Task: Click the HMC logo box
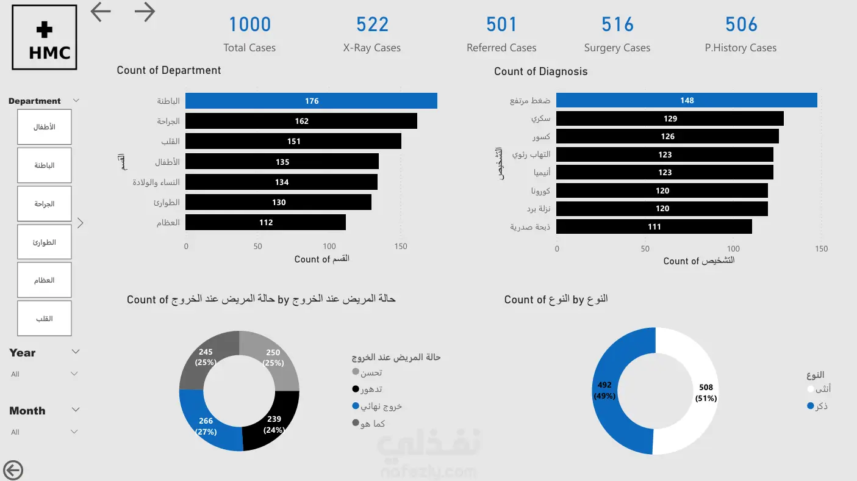45,37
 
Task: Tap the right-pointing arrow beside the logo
145,12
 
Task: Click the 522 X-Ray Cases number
372,24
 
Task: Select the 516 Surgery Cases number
617,24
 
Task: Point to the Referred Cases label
501,48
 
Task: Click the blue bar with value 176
312,101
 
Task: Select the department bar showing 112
265,223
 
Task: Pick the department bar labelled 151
293,142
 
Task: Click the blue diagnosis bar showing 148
687,100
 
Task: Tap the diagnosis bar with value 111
654,226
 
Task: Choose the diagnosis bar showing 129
670,118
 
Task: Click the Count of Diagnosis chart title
540,71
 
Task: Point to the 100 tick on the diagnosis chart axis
733,249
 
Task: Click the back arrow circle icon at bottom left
13,470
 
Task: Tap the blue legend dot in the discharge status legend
356,405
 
